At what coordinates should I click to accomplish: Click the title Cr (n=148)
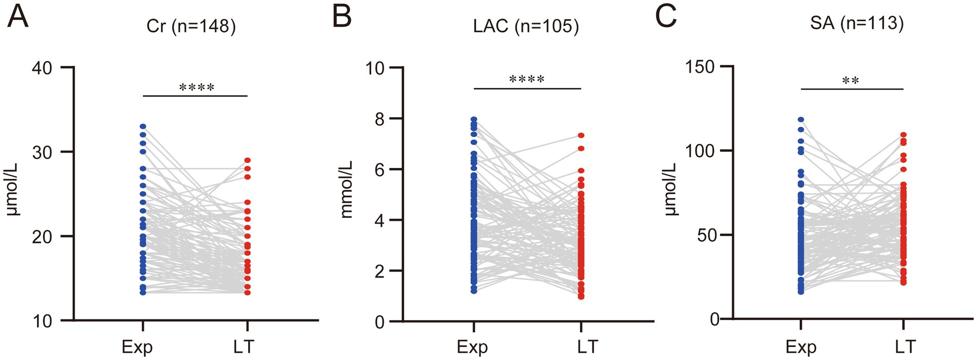click(x=191, y=26)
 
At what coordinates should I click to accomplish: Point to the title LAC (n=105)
click(x=525, y=26)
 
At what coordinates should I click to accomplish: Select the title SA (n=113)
click(x=857, y=23)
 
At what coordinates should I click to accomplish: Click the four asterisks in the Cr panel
click(x=197, y=88)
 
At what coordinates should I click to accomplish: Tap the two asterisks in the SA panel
click(x=851, y=81)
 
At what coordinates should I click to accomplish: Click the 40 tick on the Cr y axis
click(x=42, y=68)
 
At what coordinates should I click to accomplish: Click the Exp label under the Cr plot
click(x=137, y=347)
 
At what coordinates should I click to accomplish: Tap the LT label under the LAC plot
click(x=587, y=347)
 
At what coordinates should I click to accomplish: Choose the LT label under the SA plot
click(x=905, y=347)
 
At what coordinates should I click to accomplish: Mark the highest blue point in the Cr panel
click(x=143, y=126)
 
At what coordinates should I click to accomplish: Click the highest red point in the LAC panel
click(x=581, y=136)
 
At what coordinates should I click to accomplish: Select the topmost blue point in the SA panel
click(x=801, y=120)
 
